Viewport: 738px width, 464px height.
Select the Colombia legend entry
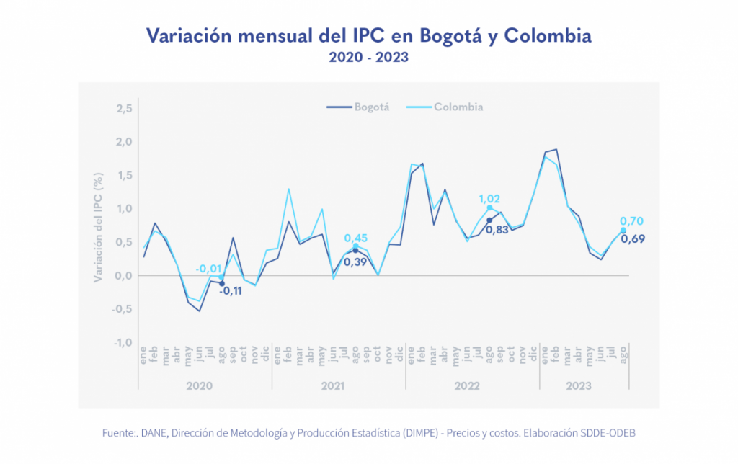pyautogui.click(x=458, y=107)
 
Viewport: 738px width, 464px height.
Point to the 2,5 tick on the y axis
pyautogui.click(x=123, y=108)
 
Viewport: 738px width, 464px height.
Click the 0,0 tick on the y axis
pyautogui.click(x=123, y=275)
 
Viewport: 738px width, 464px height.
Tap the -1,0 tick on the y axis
pyautogui.click(x=122, y=342)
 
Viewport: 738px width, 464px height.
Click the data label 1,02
pyautogui.click(x=490, y=198)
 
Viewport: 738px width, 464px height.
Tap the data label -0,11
pyautogui.click(x=230, y=291)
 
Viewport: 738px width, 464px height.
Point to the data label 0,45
pyautogui.click(x=356, y=238)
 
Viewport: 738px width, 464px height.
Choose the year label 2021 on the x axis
pyautogui.click(x=332, y=386)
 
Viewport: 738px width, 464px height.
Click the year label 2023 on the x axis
pyautogui.click(x=579, y=386)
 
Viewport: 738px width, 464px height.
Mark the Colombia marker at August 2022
pyautogui.click(x=490, y=208)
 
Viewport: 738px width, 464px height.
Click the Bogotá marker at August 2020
pyautogui.click(x=221, y=283)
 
